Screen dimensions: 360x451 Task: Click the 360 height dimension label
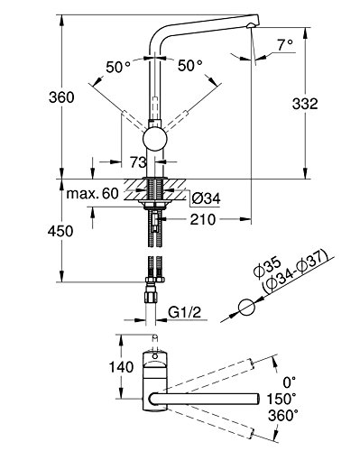(61, 97)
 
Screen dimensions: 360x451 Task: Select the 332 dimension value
(305, 104)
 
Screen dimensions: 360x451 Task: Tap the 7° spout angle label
(285, 45)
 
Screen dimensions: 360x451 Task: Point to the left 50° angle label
(118, 67)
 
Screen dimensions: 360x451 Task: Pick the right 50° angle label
(190, 66)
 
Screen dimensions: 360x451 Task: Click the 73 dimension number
(138, 162)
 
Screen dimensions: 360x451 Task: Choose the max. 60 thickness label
(92, 194)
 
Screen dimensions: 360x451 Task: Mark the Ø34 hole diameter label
(207, 198)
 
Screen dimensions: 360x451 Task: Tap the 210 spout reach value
(203, 219)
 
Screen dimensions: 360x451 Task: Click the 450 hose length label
(60, 231)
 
